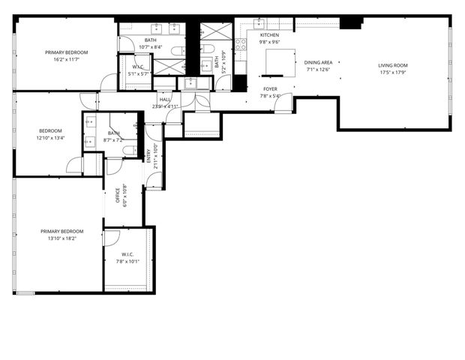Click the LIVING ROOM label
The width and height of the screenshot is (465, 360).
[393, 65]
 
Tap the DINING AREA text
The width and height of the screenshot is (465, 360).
[319, 63]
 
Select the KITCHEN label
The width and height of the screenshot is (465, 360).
[269, 35]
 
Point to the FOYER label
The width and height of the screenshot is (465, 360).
[270, 89]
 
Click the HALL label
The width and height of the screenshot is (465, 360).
[164, 99]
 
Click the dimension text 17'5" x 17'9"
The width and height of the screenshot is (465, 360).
[393, 73]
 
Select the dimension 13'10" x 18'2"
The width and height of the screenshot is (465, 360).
[62, 238]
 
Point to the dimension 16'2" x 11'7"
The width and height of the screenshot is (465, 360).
[67, 59]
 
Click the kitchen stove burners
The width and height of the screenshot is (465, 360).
[241, 44]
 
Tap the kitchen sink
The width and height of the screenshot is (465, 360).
[260, 22]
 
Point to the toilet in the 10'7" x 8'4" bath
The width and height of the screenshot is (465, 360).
[173, 51]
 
